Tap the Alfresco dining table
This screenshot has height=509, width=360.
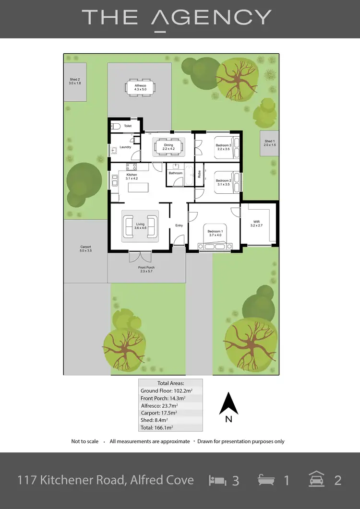pyautogui.click(x=140, y=89)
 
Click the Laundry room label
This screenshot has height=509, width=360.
pyautogui.click(x=125, y=147)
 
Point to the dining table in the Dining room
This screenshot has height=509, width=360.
pyautogui.click(x=168, y=147)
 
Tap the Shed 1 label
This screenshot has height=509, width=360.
pyautogui.click(x=270, y=142)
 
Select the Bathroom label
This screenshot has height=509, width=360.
pyautogui.click(x=175, y=173)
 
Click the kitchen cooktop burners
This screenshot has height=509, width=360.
pyautogui.click(x=132, y=167)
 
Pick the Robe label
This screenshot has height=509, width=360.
pyautogui.click(x=199, y=174)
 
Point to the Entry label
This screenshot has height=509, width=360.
pyautogui.click(x=179, y=225)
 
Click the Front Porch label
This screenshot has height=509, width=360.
pyautogui.click(x=146, y=269)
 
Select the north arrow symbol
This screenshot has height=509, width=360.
pyautogui.click(x=229, y=404)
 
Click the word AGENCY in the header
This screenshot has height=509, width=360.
pyautogui.click(x=211, y=18)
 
